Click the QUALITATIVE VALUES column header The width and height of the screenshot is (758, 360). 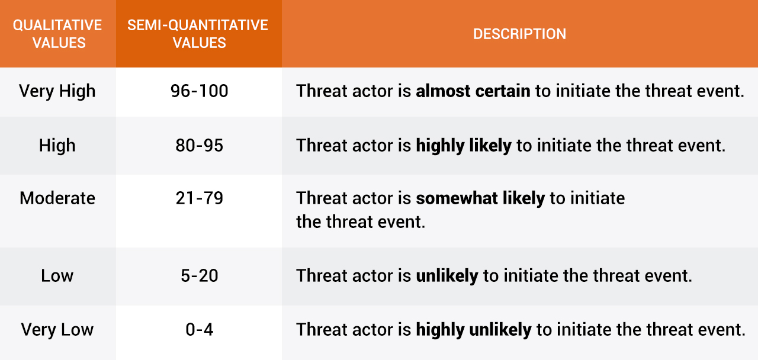pos(57,34)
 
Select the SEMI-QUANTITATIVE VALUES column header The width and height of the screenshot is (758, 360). pos(198,34)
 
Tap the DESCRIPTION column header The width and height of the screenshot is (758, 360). pos(519,34)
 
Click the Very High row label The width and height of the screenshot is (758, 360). pos(57,91)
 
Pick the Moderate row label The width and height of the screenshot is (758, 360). pos(57,198)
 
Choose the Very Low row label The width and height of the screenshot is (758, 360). pos(57,330)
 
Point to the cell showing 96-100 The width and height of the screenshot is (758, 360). pos(200,91)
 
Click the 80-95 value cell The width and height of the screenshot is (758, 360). pos(200,146)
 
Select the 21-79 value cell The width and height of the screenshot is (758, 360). pos(200,198)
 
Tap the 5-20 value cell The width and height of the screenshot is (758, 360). pos(200,276)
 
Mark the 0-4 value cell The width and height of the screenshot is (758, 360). pos(200,330)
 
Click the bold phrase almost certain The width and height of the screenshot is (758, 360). pos(473,91)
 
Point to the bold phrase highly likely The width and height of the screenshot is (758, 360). pos(464,146)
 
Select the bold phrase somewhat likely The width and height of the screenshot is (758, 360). pos(480,198)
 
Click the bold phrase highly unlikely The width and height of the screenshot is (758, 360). pos(474,330)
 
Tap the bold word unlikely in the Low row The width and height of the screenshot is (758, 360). pos(447,276)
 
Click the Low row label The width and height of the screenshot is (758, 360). pos(57,276)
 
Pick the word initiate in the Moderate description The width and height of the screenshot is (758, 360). pos(598,198)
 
